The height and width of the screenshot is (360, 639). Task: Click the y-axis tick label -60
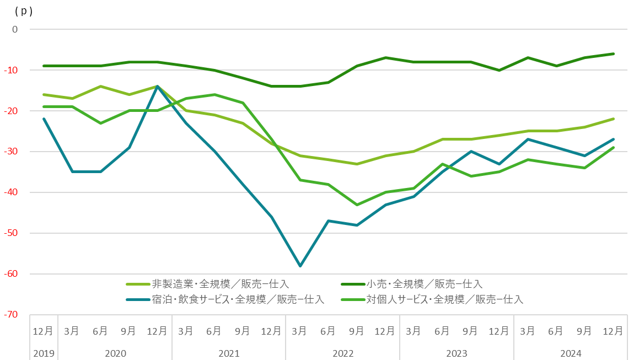(x=12, y=274)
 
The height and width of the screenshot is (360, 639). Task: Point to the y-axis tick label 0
(x=15, y=29)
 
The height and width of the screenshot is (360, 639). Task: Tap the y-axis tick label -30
(x=12, y=152)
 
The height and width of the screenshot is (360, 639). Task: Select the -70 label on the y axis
(x=12, y=315)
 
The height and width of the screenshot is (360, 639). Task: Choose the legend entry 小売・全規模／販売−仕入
(x=424, y=284)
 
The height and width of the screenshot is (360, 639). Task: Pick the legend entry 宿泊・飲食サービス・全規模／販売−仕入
(x=237, y=300)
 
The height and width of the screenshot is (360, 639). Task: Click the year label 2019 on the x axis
(x=44, y=353)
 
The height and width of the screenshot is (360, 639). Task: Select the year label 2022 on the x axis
(x=342, y=353)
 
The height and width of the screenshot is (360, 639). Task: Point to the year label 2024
(x=571, y=353)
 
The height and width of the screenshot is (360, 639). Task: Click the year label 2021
(x=228, y=353)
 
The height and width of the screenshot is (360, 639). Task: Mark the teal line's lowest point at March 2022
(x=299, y=266)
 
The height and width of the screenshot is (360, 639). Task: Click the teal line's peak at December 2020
(x=157, y=87)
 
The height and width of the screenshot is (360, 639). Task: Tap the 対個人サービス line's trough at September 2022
(x=357, y=205)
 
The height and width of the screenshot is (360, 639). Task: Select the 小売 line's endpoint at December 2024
(x=613, y=53)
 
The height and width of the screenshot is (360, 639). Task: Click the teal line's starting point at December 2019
(x=44, y=119)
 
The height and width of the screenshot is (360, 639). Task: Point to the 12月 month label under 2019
(x=44, y=331)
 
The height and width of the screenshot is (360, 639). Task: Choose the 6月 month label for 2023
(x=442, y=331)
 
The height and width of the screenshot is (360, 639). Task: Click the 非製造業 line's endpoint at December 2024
(x=613, y=119)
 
